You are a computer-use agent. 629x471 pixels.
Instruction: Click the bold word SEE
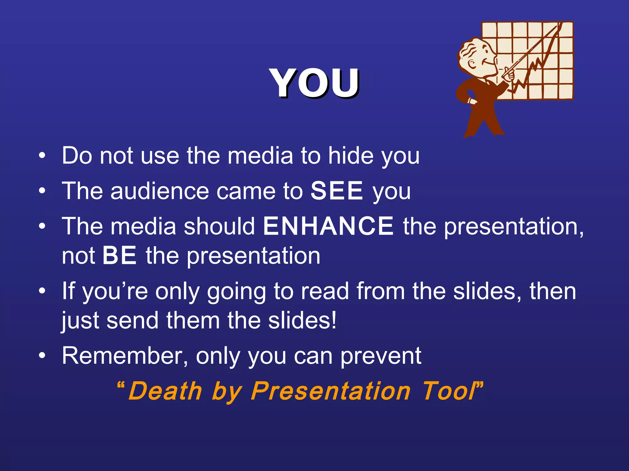pyautogui.click(x=337, y=191)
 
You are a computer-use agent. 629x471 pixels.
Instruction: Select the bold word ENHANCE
pyautogui.click(x=328, y=226)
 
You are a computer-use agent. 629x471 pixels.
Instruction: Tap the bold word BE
pyautogui.click(x=119, y=255)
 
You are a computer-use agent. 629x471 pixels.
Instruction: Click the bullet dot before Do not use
pyautogui.click(x=42, y=156)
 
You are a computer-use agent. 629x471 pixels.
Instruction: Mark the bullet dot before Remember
pyautogui.click(x=42, y=356)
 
